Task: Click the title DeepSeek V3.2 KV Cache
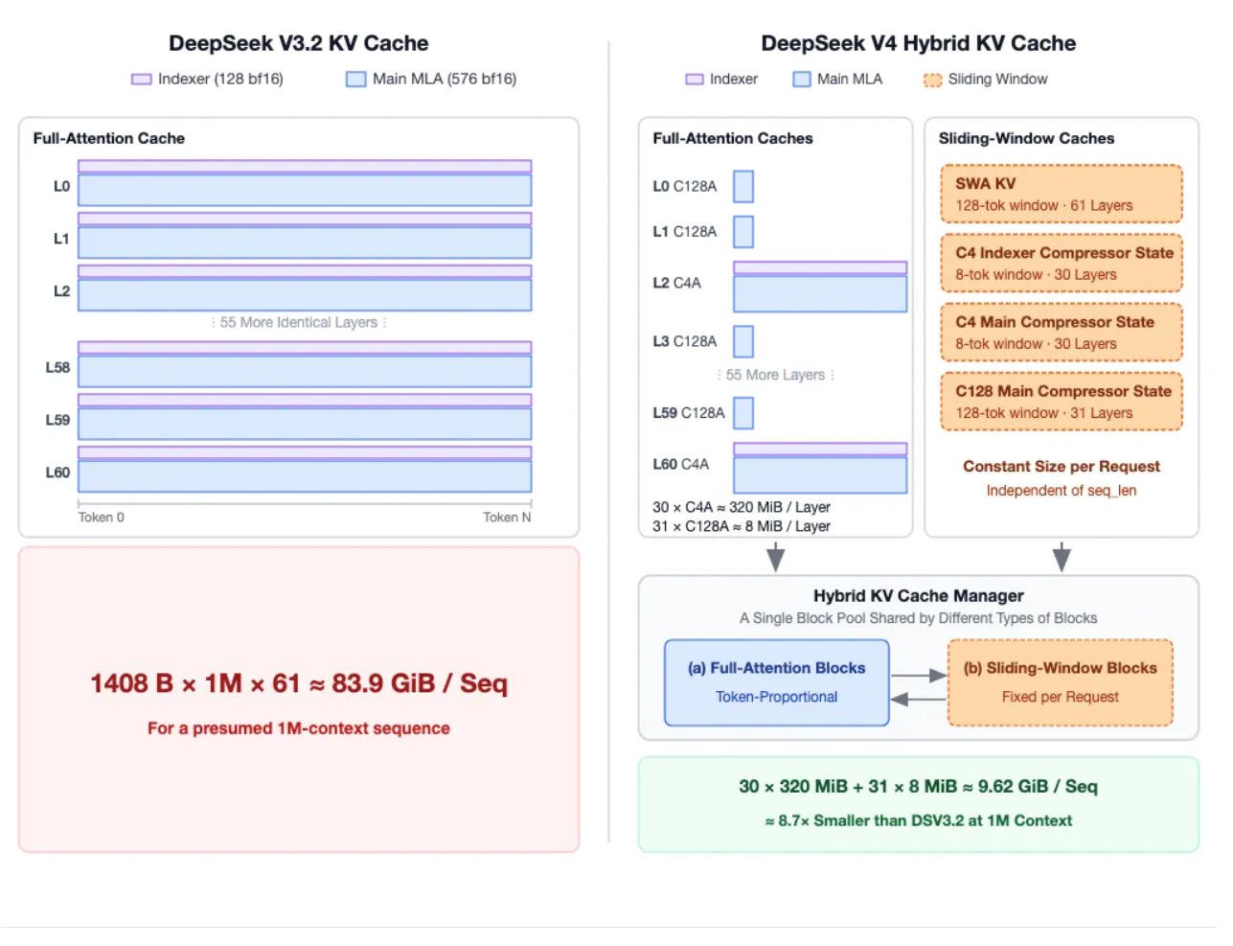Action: pyautogui.click(x=299, y=44)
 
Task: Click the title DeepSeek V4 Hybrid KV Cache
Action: pyautogui.click(x=918, y=44)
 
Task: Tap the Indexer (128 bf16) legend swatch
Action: pyautogui.click(x=141, y=79)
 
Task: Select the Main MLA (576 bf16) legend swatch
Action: pyautogui.click(x=355, y=79)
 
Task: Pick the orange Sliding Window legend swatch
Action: pyautogui.click(x=932, y=80)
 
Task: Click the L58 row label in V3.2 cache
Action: pyautogui.click(x=57, y=368)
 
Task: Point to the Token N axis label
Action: pyautogui.click(x=507, y=517)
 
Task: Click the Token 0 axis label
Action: pyautogui.click(x=101, y=517)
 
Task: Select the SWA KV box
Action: pyautogui.click(x=1062, y=194)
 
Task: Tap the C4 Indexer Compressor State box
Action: pyautogui.click(x=1062, y=264)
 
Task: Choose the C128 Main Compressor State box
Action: pyautogui.click(x=1062, y=402)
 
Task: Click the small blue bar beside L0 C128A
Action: pyautogui.click(x=743, y=187)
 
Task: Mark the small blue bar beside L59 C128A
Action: pyautogui.click(x=743, y=413)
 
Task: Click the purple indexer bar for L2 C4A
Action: pyautogui.click(x=820, y=267)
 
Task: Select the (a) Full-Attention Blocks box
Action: pyautogui.click(x=776, y=682)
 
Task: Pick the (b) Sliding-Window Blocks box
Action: pyautogui.click(x=1060, y=682)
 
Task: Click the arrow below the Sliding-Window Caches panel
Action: pyautogui.click(x=1062, y=557)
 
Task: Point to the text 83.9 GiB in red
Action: pyautogui.click(x=383, y=683)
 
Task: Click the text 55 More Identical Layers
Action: pyautogui.click(x=299, y=322)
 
